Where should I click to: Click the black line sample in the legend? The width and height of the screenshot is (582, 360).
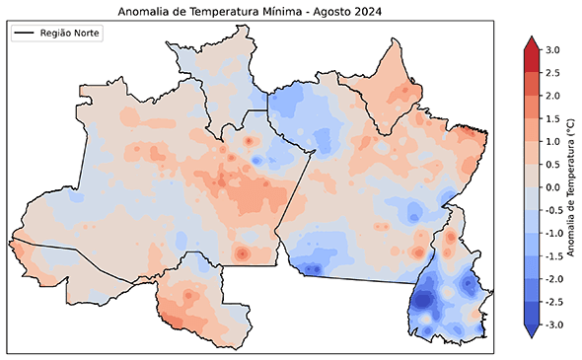tap(26, 34)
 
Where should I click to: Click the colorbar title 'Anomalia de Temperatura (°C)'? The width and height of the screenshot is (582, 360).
tap(571, 187)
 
